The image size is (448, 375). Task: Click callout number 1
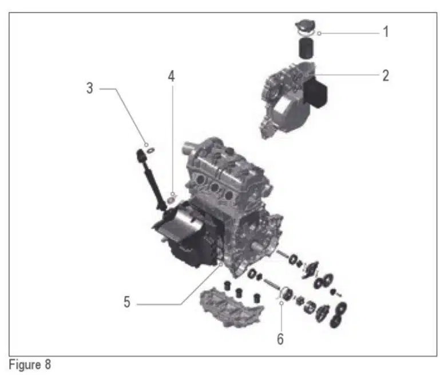pos(386,32)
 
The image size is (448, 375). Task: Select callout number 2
pos(386,76)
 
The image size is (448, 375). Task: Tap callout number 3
pos(90,88)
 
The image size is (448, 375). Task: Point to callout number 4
pos(171,76)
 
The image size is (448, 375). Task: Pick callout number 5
pos(127,302)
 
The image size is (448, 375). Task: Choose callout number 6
pos(280,339)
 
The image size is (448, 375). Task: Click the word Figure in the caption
pos(25,365)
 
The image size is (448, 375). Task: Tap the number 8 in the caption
pos(47,365)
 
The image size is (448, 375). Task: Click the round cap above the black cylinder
pos(305,28)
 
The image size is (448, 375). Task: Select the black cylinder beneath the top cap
pos(306,48)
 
